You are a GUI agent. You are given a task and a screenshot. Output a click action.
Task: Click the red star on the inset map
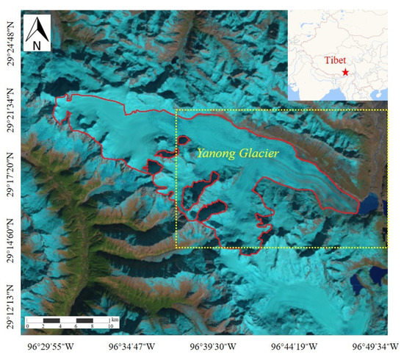[x=345, y=72]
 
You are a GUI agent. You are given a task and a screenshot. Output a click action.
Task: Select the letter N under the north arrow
[x=36, y=45]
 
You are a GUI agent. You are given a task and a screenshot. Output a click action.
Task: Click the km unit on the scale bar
[x=115, y=320]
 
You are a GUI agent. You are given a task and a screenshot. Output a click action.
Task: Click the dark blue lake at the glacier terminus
[x=369, y=204]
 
